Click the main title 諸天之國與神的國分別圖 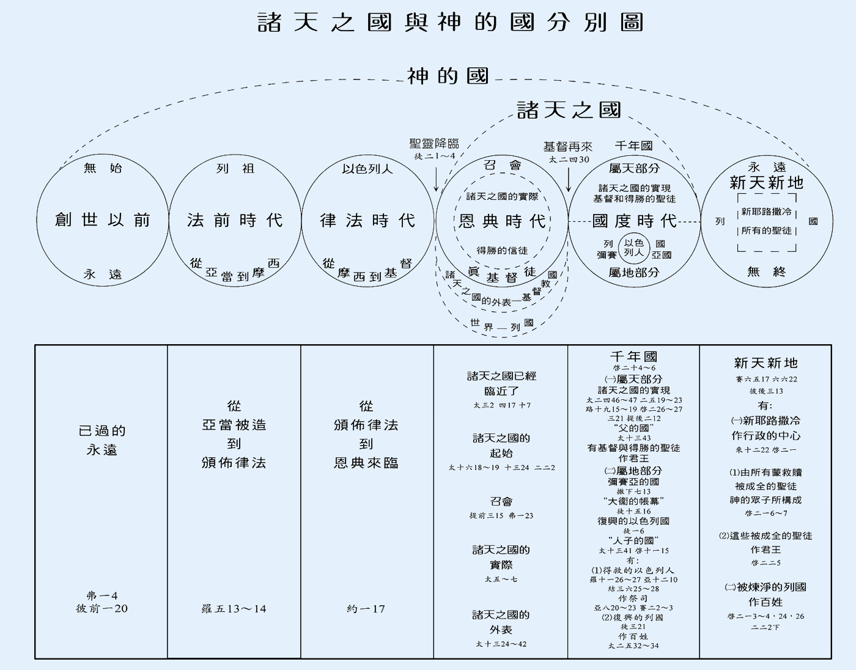click(450, 23)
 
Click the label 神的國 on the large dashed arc click(448, 76)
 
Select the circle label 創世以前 click(102, 220)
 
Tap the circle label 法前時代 click(235, 220)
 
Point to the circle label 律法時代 click(367, 220)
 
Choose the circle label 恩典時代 click(502, 221)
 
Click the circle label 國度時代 click(634, 221)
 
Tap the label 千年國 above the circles click(633, 145)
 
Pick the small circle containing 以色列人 click(634, 248)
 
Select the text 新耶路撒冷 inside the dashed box click(766, 212)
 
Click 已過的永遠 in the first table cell click(101, 440)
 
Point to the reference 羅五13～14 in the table click(234, 609)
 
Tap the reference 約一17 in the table click(366, 609)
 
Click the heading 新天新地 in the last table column click(766, 363)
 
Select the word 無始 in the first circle click(102, 168)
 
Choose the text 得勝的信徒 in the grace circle click(502, 250)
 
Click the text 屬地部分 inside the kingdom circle click(634, 272)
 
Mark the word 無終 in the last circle click(766, 271)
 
